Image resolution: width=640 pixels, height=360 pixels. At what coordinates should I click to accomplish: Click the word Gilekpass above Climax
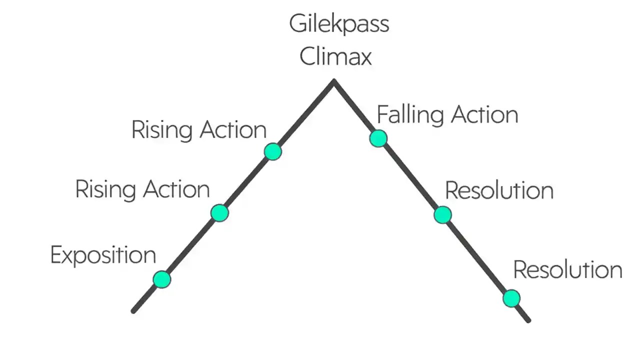[339, 24]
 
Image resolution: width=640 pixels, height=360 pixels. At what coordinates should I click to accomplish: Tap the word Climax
[335, 56]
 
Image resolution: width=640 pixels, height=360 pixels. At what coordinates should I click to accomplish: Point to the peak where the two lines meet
[334, 81]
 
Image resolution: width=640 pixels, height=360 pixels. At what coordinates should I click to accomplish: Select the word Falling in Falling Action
[410, 115]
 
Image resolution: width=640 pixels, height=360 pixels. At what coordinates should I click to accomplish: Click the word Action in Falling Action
[484, 115]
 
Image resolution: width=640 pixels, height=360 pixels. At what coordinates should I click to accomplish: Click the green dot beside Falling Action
[378, 138]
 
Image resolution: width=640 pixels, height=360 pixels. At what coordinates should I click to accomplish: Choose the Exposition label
[103, 255]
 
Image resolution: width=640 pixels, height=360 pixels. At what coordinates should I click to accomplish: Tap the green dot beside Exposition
[161, 279]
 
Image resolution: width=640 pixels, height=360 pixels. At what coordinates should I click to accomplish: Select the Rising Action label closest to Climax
[198, 130]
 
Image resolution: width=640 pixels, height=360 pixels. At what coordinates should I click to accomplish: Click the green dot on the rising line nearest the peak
[272, 151]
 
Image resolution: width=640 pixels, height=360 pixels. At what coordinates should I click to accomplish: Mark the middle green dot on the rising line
[219, 213]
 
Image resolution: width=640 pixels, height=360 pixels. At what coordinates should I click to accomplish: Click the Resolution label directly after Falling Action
[499, 191]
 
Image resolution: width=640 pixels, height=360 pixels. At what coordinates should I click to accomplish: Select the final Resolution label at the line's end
[567, 270]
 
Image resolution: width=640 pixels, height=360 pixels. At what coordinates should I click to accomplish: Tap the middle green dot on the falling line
[442, 215]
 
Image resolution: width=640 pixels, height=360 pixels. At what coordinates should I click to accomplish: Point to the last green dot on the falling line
[511, 298]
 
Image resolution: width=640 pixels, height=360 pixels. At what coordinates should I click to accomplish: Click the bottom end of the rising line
[133, 311]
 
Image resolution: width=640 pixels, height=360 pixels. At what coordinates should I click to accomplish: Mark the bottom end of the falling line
[528, 319]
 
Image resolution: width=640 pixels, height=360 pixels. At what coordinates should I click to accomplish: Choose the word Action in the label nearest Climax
[233, 130]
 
